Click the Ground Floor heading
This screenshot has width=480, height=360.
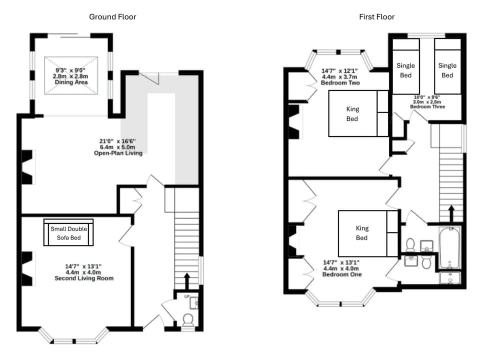pos(112,17)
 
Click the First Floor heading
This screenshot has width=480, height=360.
pos(376,17)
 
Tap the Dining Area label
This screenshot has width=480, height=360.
pos(71,82)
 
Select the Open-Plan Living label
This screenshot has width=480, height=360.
pos(118,153)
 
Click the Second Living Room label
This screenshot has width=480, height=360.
pos(83,278)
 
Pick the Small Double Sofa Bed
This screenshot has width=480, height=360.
pos(68,233)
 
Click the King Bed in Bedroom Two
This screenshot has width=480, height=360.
pos(352,113)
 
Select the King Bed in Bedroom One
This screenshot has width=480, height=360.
pos(362,233)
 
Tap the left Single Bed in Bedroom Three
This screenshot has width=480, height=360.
pos(405,70)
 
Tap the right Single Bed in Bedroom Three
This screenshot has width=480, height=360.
pos(447,70)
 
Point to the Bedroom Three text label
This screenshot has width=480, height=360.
pos(427,107)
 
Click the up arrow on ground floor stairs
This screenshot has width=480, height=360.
pos(187,280)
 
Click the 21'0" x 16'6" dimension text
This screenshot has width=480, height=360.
pos(118,141)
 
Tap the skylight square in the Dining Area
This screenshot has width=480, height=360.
pos(71,75)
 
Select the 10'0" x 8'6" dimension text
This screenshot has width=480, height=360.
pos(427,97)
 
